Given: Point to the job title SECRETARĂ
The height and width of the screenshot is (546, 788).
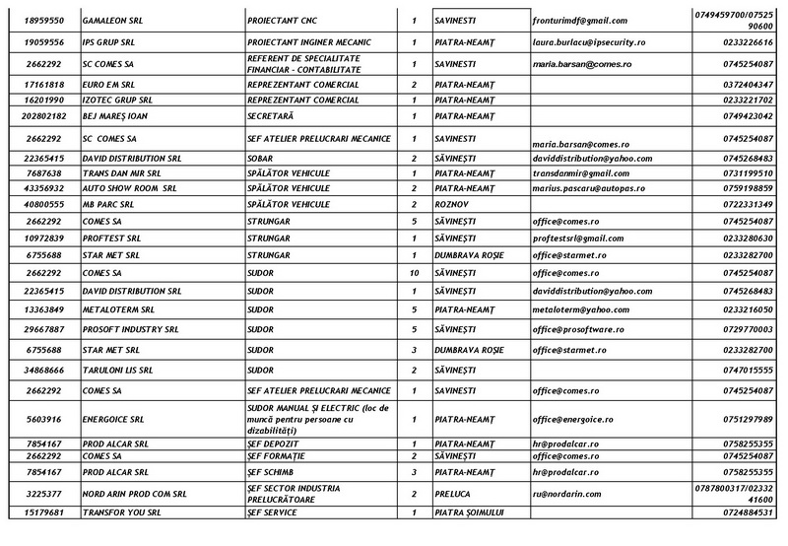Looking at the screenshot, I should [x=272, y=116].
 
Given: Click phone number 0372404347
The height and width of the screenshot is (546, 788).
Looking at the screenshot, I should [x=748, y=86].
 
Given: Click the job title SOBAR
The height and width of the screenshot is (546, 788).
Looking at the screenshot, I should [x=261, y=158].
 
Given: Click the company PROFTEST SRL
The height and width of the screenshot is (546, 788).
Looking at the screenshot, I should [x=112, y=239].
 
